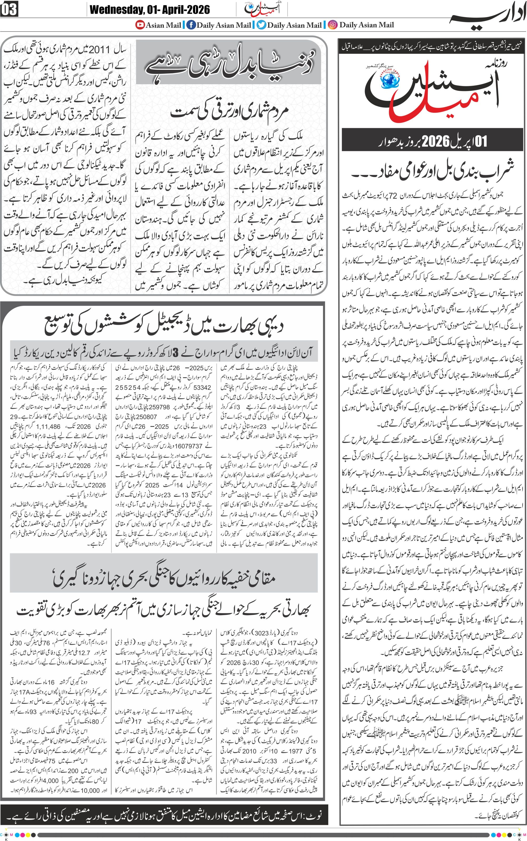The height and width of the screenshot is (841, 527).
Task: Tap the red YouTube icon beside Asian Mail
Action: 140,25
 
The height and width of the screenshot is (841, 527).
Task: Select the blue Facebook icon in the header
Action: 191,25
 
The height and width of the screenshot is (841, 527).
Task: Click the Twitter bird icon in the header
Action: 261,25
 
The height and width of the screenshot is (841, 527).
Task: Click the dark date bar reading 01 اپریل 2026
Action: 432,141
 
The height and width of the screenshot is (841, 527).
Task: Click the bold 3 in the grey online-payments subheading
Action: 176,353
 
